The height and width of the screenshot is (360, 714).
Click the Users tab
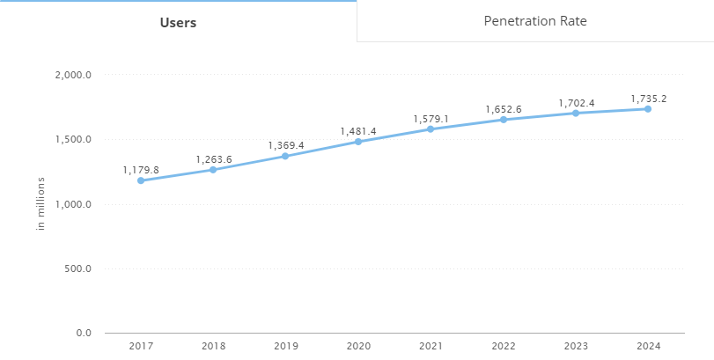coord(178,22)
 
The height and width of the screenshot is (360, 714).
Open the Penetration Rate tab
coord(535,20)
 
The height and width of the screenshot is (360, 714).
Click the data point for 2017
coord(140,180)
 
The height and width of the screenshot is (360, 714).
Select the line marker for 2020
coord(358,142)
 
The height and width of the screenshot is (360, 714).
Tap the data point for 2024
coord(648,108)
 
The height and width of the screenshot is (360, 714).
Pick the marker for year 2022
coord(504,120)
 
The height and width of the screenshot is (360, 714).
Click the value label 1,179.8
coord(141,170)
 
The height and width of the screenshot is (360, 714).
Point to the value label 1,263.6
coord(213,159)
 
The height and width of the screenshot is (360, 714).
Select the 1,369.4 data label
coord(286,145)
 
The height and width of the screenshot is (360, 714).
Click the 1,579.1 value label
coord(431,119)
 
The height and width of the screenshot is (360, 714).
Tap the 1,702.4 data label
coord(577,103)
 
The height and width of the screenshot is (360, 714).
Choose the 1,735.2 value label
coord(648,99)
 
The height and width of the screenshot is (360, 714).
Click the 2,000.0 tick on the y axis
coord(74,75)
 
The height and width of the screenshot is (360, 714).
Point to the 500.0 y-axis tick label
coord(78,268)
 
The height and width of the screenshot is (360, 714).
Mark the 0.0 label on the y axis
coord(84,333)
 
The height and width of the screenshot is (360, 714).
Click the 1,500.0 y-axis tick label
coord(74,140)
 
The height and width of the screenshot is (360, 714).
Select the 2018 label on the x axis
coord(213,347)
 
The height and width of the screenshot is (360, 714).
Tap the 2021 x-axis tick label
coord(431,347)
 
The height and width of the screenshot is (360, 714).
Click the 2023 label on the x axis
coord(576,347)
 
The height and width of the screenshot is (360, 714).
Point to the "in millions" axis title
coord(40,204)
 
